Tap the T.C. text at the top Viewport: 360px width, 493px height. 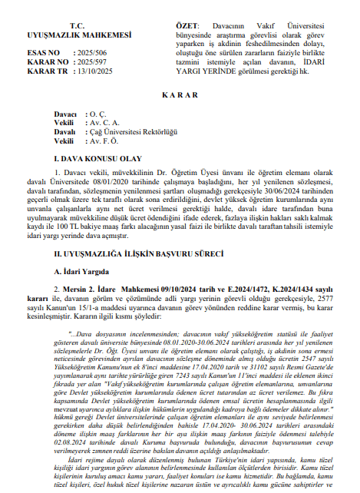[x=76, y=25]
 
